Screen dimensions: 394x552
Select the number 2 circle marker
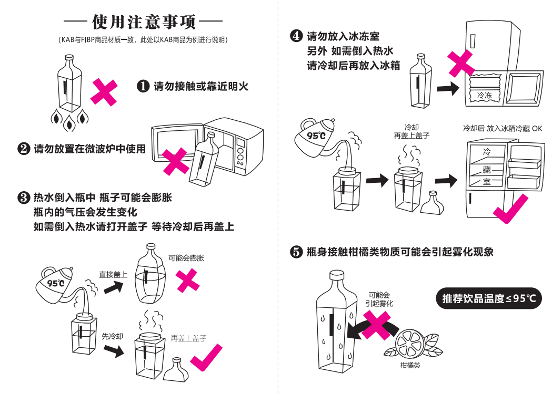click(23, 149)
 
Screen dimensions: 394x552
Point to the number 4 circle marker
click(296, 37)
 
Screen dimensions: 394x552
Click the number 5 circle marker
click(296, 252)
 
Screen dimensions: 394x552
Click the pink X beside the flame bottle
click(104, 92)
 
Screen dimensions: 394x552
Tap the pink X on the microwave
click(174, 161)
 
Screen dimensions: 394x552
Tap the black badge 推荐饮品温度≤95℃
click(489, 298)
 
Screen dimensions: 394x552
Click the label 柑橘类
click(410, 365)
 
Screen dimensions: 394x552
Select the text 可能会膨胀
click(186, 258)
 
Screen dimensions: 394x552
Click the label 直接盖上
click(113, 274)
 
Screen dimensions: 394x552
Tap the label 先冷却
click(112, 336)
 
